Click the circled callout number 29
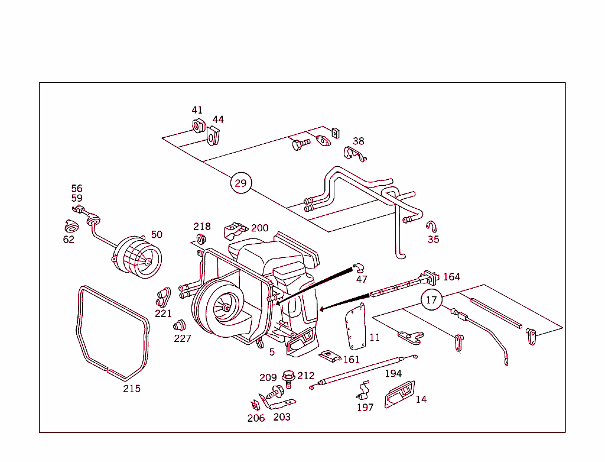240,183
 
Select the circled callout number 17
432,300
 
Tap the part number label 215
132,389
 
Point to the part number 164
451,277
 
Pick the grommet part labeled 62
71,227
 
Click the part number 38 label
359,141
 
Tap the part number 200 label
260,228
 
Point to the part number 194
393,373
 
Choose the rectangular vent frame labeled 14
400,395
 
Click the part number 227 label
183,338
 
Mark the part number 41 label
197,110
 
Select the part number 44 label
218,119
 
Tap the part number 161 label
351,360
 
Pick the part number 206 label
256,418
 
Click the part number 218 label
202,227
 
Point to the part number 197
365,407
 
